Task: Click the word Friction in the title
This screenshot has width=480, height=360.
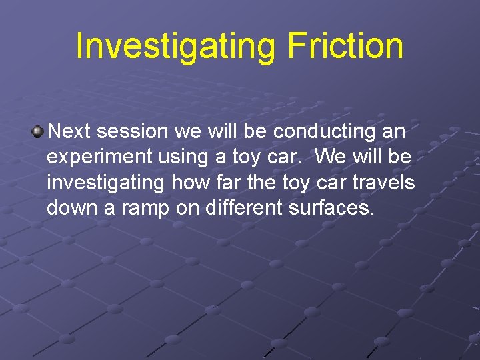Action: pos(345,47)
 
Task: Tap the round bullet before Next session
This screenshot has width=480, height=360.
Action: pos(37,131)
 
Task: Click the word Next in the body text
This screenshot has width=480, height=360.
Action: pos(69,131)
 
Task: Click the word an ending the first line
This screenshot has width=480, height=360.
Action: pos(393,131)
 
